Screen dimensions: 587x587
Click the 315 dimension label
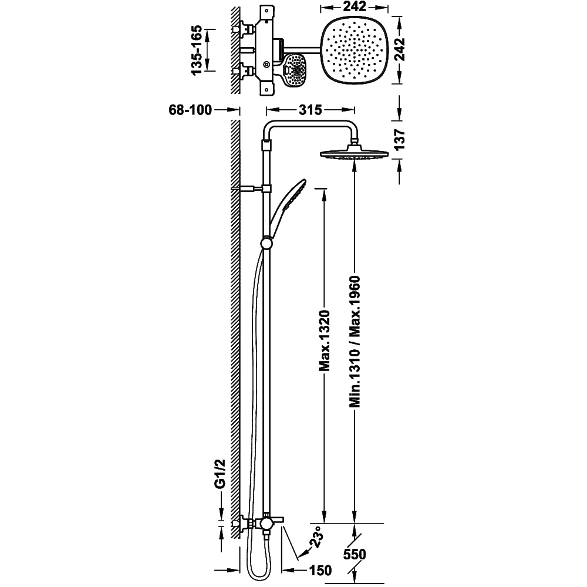(311, 110)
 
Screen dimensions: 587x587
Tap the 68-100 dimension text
(191, 110)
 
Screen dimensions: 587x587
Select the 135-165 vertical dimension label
(197, 50)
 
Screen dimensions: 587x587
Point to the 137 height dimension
(400, 140)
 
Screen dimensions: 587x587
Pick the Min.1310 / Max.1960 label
(355, 341)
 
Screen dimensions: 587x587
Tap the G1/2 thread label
(221, 474)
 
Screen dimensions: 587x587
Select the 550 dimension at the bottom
(355, 555)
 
